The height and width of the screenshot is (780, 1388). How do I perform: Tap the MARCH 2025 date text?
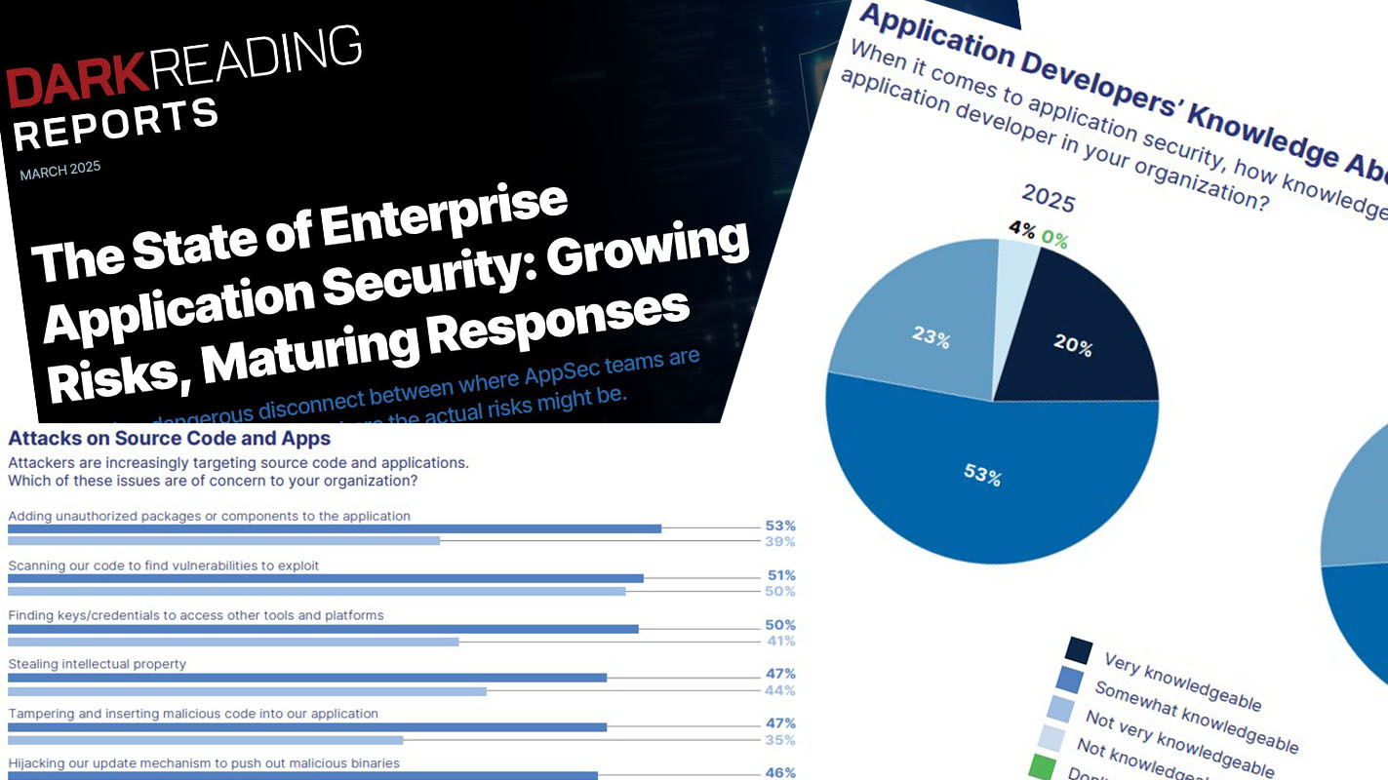pos(59,173)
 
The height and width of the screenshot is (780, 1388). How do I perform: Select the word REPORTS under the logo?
pos(115,124)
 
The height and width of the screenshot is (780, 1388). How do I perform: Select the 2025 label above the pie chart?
pos(1049,199)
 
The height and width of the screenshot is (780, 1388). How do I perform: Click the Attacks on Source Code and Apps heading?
pos(169,439)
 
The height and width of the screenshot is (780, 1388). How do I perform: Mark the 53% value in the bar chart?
pos(780,526)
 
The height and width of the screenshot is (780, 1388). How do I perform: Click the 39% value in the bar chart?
pos(780,542)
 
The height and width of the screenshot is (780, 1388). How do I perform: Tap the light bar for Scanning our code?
pos(316,591)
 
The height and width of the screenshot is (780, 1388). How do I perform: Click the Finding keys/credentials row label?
pos(196,615)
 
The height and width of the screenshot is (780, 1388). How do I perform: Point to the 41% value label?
pos(780,642)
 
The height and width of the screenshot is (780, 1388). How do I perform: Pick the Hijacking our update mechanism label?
pos(204,763)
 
